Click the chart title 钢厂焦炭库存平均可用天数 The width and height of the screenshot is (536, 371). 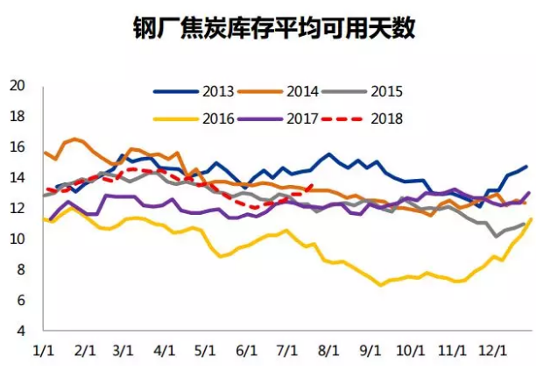[269, 28]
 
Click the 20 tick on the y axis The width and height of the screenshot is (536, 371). [17, 86]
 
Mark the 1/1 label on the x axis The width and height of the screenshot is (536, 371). [43, 350]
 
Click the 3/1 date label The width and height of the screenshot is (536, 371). [123, 350]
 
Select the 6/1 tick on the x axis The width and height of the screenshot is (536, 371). [245, 350]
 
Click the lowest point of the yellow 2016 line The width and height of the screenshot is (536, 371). [381, 285]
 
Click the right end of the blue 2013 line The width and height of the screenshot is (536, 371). [526, 167]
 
